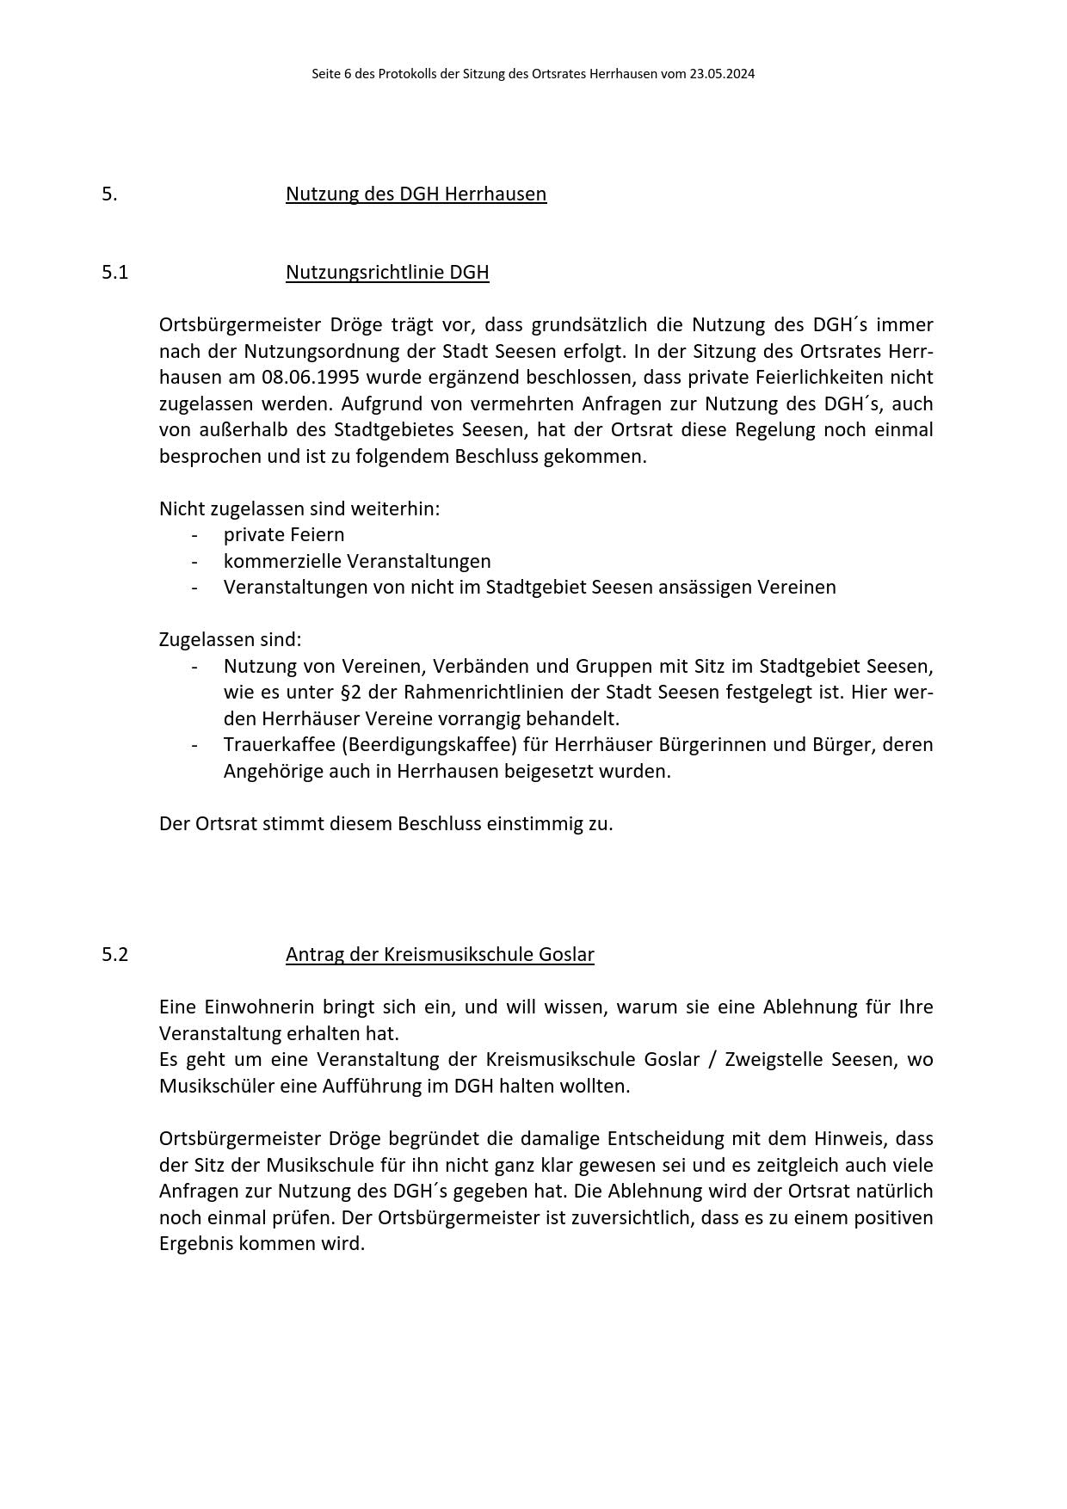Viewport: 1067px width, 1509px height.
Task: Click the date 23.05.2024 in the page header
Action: point(722,74)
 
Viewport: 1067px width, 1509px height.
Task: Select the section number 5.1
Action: point(114,273)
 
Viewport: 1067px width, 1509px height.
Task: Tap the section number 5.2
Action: point(114,954)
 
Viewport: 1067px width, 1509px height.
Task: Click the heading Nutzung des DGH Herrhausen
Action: point(416,194)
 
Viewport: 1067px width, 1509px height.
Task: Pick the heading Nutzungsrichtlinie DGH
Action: point(387,273)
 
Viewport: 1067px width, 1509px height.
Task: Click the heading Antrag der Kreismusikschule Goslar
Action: point(440,954)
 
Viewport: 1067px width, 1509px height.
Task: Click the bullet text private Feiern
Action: point(284,534)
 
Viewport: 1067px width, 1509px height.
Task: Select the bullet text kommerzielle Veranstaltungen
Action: point(357,561)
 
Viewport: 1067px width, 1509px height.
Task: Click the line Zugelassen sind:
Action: point(231,639)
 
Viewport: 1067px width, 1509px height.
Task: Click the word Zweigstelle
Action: point(773,1059)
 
